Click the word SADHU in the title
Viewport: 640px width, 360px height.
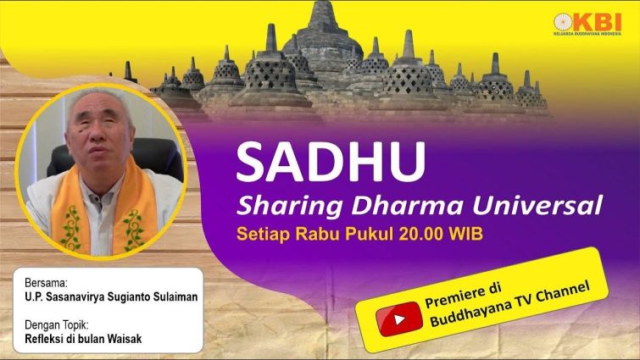click(x=331, y=162)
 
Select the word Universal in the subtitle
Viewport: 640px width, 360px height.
click(x=538, y=205)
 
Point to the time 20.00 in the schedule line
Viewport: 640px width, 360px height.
click(x=422, y=234)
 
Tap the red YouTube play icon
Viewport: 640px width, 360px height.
click(x=399, y=318)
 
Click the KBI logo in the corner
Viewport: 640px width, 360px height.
click(x=587, y=24)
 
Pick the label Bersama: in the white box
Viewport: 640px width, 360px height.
click(x=46, y=283)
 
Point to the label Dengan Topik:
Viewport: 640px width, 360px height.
click(x=57, y=325)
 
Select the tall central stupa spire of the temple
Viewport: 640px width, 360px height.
click(x=323, y=14)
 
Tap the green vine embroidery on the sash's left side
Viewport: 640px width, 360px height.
click(x=71, y=228)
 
